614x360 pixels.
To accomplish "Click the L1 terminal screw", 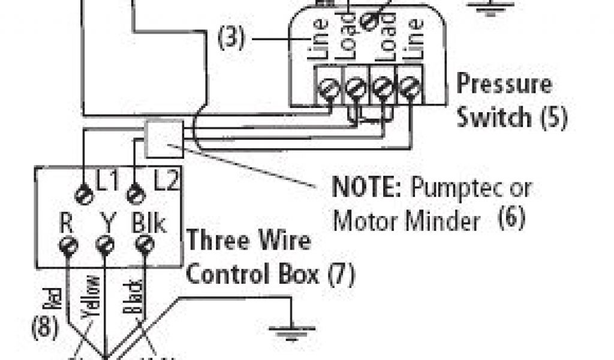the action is click(84, 193).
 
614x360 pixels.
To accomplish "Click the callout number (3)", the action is click(231, 40).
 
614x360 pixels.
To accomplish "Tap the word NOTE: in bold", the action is click(366, 188).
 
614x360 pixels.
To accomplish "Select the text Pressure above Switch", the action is click(504, 83).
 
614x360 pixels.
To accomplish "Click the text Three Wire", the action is click(249, 241).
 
